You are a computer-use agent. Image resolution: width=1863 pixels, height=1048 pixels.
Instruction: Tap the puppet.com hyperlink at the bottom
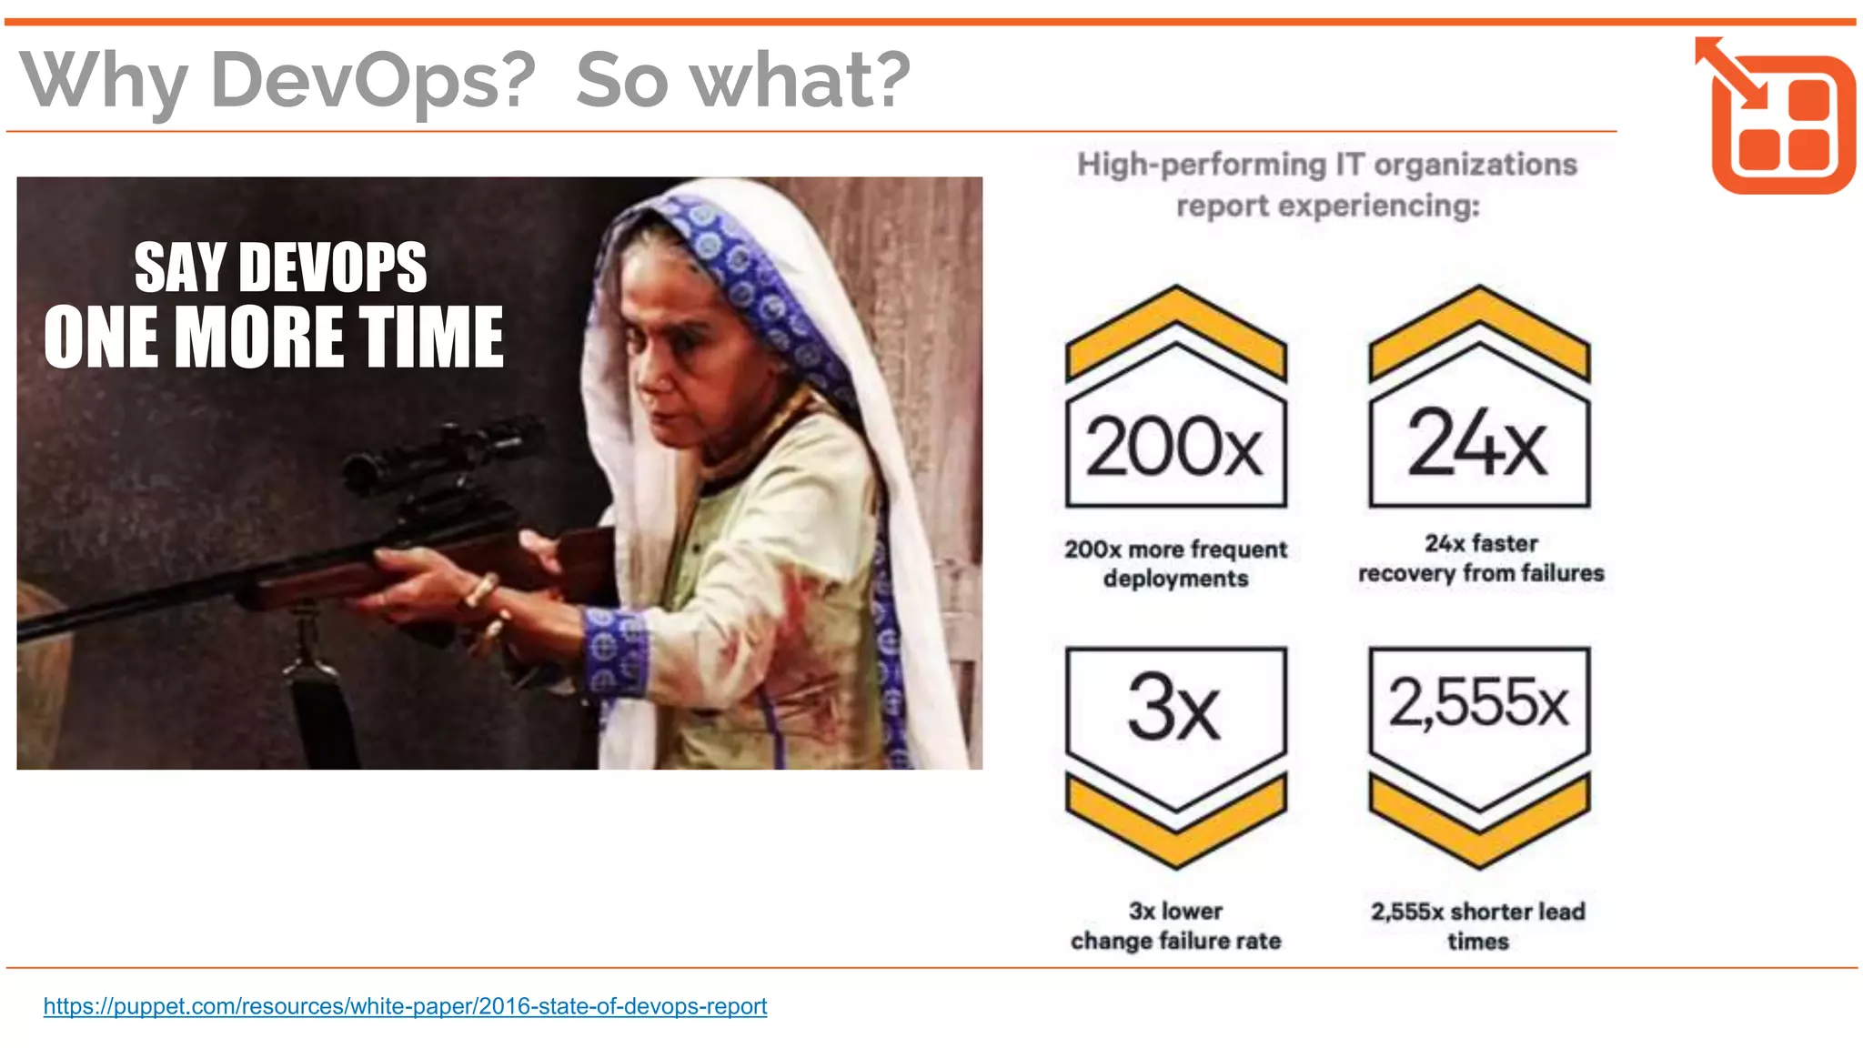[405, 1006]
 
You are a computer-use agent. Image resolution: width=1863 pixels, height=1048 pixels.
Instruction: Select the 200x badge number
[1174, 447]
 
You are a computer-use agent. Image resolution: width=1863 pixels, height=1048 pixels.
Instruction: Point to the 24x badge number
[1477, 443]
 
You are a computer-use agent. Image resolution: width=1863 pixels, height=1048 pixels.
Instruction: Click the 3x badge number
[1173, 707]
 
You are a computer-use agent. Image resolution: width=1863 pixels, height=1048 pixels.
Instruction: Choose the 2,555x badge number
[1478, 703]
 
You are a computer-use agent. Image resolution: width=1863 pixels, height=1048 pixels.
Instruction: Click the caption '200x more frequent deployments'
[1175, 563]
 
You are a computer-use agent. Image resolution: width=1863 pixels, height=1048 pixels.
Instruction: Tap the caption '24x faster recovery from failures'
[1480, 558]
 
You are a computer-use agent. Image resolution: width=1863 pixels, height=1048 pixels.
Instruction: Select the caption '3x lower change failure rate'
[1175, 925]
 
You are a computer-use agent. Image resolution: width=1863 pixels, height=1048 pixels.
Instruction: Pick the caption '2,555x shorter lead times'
[1478, 925]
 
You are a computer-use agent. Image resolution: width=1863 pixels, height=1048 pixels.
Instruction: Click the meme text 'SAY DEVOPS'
[280, 267]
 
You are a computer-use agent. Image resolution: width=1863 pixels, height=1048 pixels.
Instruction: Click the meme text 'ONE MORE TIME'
[273, 337]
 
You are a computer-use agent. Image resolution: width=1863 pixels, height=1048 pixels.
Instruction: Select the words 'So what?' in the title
[742, 80]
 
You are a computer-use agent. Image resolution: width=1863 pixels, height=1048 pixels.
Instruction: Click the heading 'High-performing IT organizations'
[1327, 165]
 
